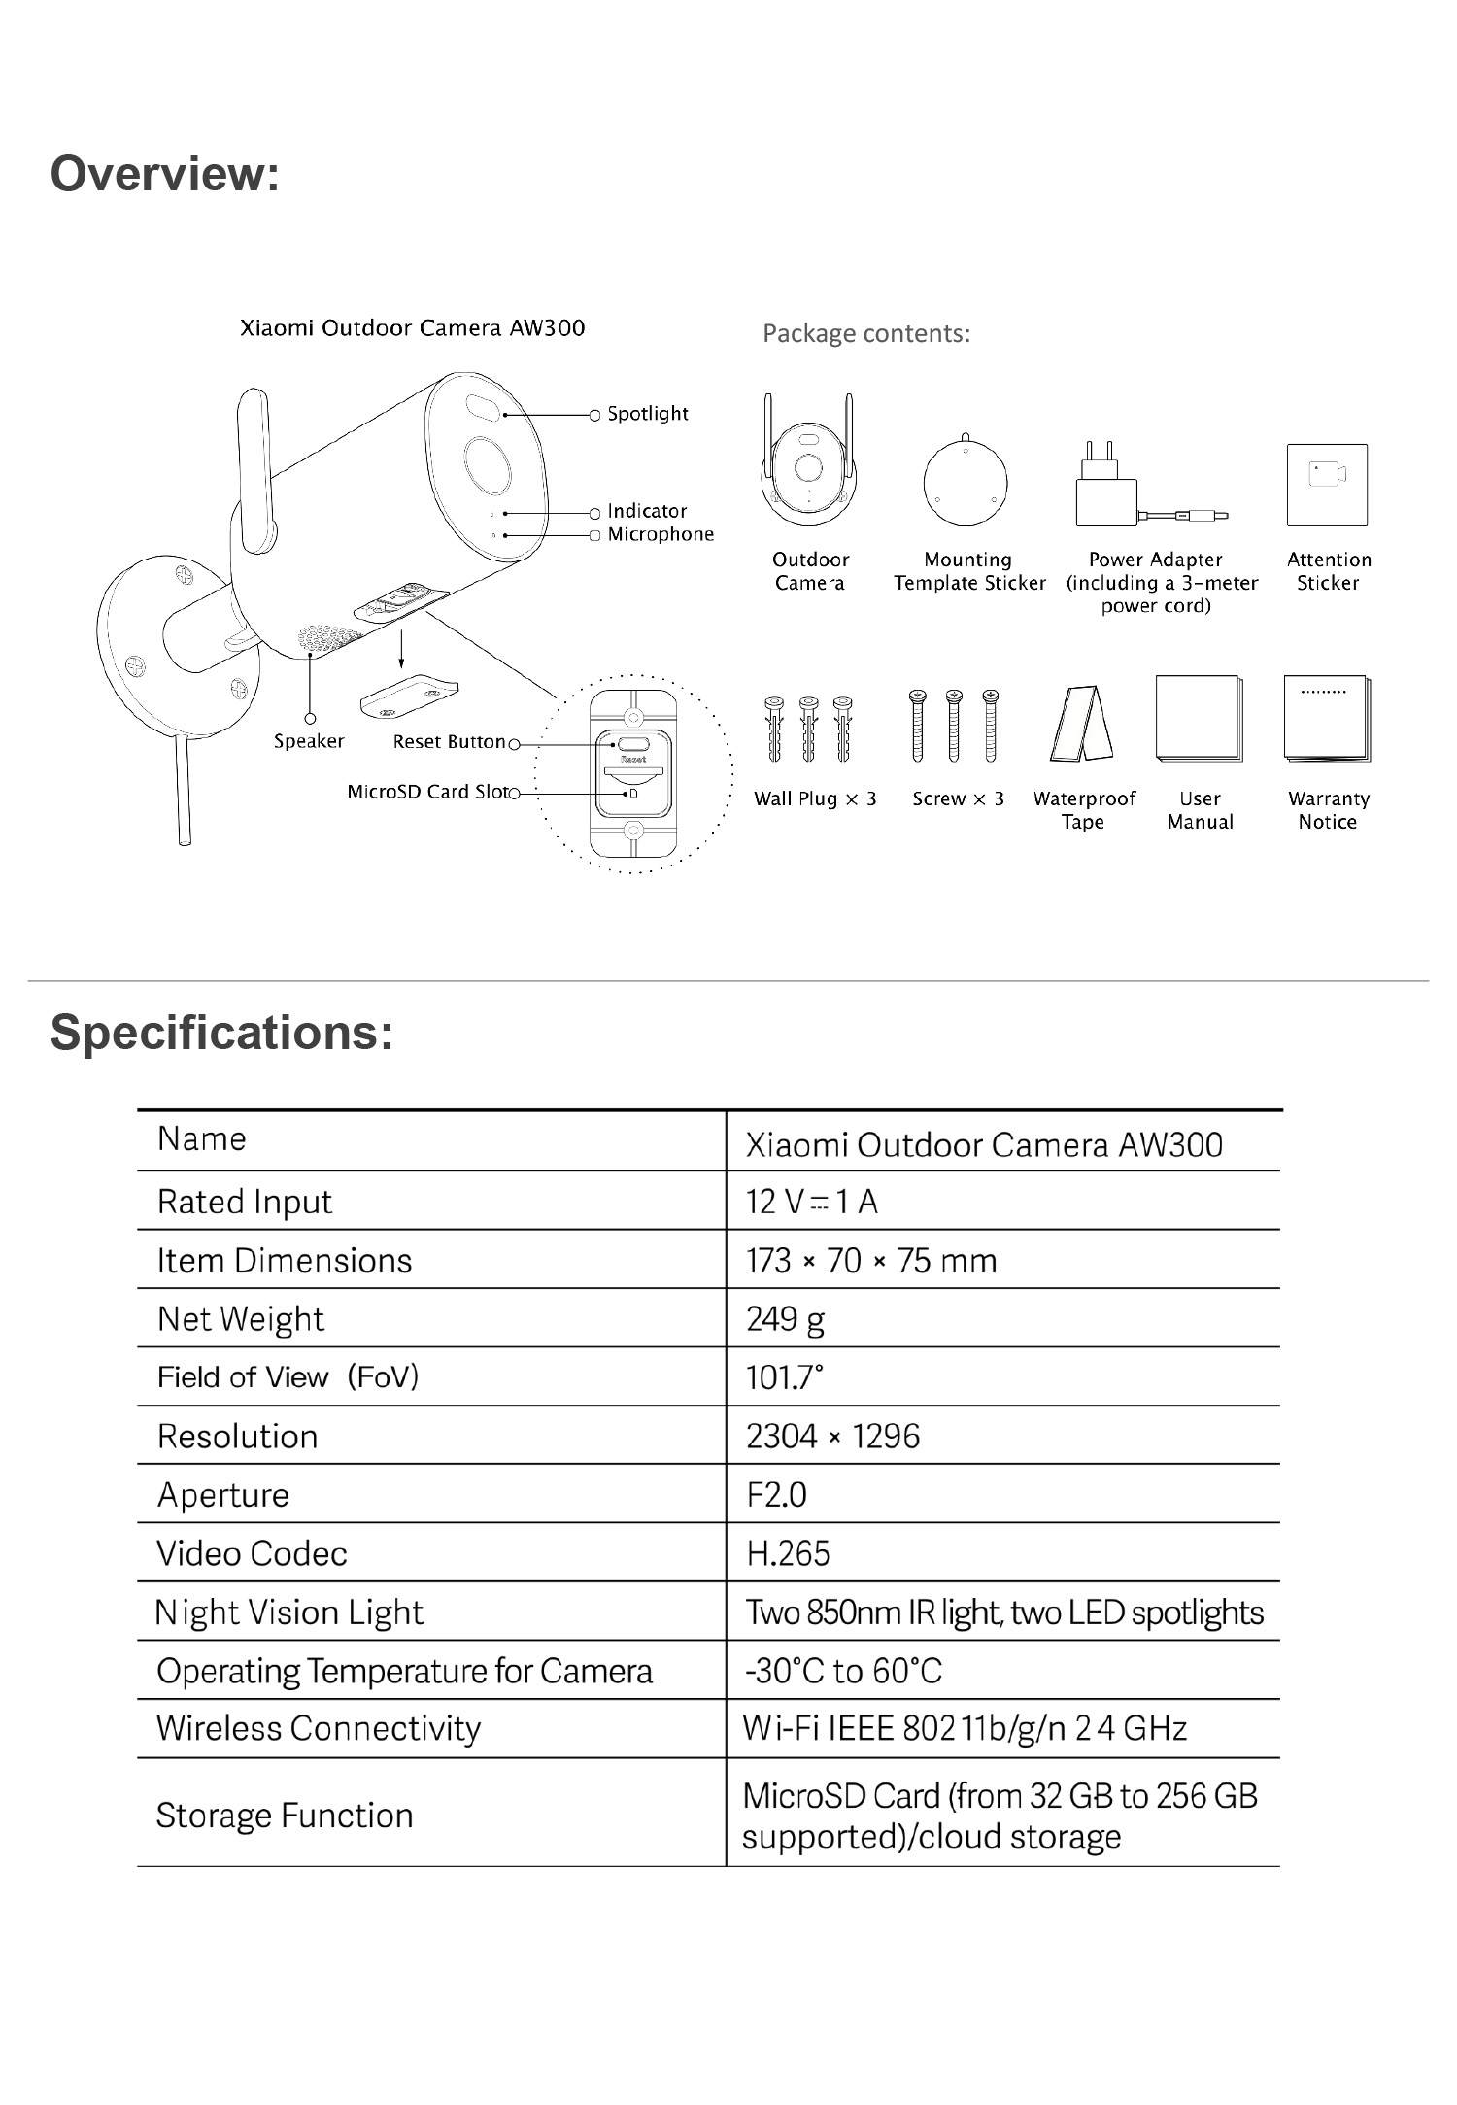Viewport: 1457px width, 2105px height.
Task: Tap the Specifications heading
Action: pyautogui.click(x=221, y=1032)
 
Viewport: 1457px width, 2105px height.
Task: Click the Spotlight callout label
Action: pyautogui.click(x=647, y=414)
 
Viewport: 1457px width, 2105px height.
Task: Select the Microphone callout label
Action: pyautogui.click(x=660, y=534)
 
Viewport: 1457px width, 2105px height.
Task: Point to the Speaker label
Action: pyautogui.click(x=309, y=741)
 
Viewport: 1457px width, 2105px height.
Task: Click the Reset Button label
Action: pyautogui.click(x=449, y=742)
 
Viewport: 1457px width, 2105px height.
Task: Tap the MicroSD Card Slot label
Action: pyautogui.click(x=427, y=792)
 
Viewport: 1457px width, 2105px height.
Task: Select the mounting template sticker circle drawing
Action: pyautogui.click(x=965, y=483)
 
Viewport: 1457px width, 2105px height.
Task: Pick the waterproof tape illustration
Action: pyautogui.click(x=1081, y=725)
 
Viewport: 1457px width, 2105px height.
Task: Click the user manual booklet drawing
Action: pyautogui.click(x=1199, y=720)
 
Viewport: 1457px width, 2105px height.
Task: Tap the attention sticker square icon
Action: pyautogui.click(x=1327, y=484)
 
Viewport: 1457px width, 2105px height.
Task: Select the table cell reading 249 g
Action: pyautogui.click(x=785, y=1318)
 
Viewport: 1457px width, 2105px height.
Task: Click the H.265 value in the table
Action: pyautogui.click(x=788, y=1553)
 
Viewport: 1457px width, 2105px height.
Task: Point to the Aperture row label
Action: pyautogui.click(x=223, y=1495)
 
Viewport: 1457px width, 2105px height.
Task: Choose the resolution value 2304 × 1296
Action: pyautogui.click(x=832, y=1436)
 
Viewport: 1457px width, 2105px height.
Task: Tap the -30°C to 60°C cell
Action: pyautogui.click(x=843, y=1671)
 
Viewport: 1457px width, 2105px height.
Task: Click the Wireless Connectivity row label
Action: pyautogui.click(x=319, y=1728)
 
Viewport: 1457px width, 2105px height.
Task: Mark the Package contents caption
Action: pyautogui.click(x=866, y=333)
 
